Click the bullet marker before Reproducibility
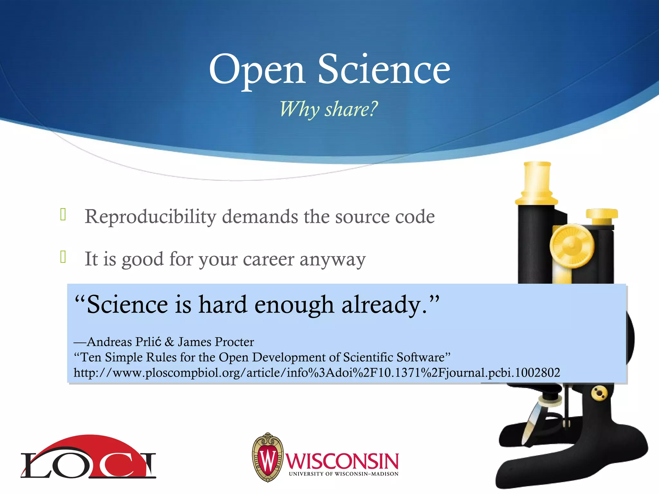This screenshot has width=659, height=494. point(63,215)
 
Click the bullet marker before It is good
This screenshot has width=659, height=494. point(63,257)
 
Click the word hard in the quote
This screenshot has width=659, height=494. point(223,304)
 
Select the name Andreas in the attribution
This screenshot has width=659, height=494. point(109,342)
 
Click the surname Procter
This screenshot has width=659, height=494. point(235,342)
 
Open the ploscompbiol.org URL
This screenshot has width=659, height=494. point(317,373)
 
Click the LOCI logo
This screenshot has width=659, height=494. point(88,458)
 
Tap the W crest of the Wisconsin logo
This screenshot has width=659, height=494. point(268,457)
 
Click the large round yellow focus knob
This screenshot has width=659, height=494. point(571,246)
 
